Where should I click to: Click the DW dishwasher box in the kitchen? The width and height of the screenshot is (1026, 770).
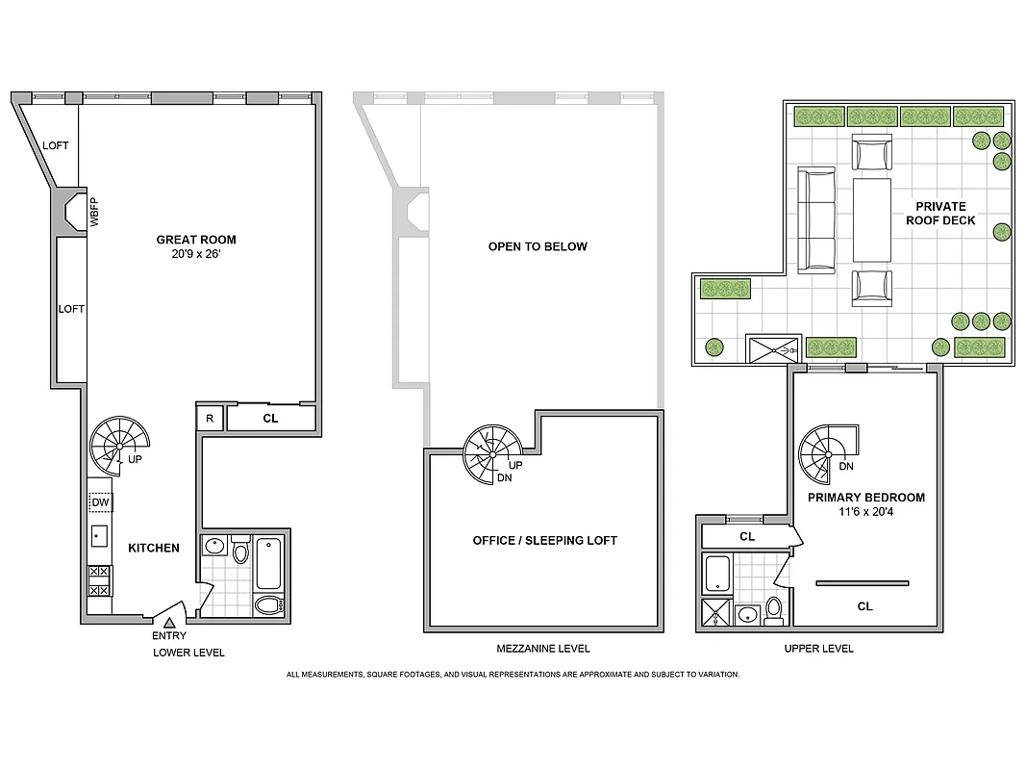click(x=100, y=503)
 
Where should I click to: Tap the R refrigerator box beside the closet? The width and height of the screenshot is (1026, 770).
click(x=210, y=418)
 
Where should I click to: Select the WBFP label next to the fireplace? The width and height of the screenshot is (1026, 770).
click(x=94, y=212)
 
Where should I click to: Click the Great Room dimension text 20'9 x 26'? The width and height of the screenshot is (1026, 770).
click(x=197, y=255)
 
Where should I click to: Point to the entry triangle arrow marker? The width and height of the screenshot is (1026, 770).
click(x=169, y=624)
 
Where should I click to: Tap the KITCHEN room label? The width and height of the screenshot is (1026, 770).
click(x=154, y=548)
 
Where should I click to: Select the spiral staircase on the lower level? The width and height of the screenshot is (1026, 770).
click(x=119, y=444)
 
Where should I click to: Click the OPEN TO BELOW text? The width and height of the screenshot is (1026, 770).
click(x=538, y=246)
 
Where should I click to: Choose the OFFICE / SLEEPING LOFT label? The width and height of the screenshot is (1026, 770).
click(x=544, y=541)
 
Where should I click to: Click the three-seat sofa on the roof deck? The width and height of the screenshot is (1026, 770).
click(x=816, y=218)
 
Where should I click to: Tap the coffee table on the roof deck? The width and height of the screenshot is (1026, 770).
click(x=871, y=219)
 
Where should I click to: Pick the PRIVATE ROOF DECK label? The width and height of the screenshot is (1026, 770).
click(x=945, y=214)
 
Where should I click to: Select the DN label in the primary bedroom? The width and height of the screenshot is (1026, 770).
click(x=846, y=467)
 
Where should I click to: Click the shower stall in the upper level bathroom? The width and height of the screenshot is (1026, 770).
click(x=717, y=614)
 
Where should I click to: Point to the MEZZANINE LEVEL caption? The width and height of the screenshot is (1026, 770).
click(x=544, y=649)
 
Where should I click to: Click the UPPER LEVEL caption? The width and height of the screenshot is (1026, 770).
click(x=818, y=649)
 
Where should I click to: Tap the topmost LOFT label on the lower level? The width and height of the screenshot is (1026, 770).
click(x=56, y=145)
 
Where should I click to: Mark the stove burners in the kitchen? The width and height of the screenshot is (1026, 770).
click(x=99, y=579)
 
